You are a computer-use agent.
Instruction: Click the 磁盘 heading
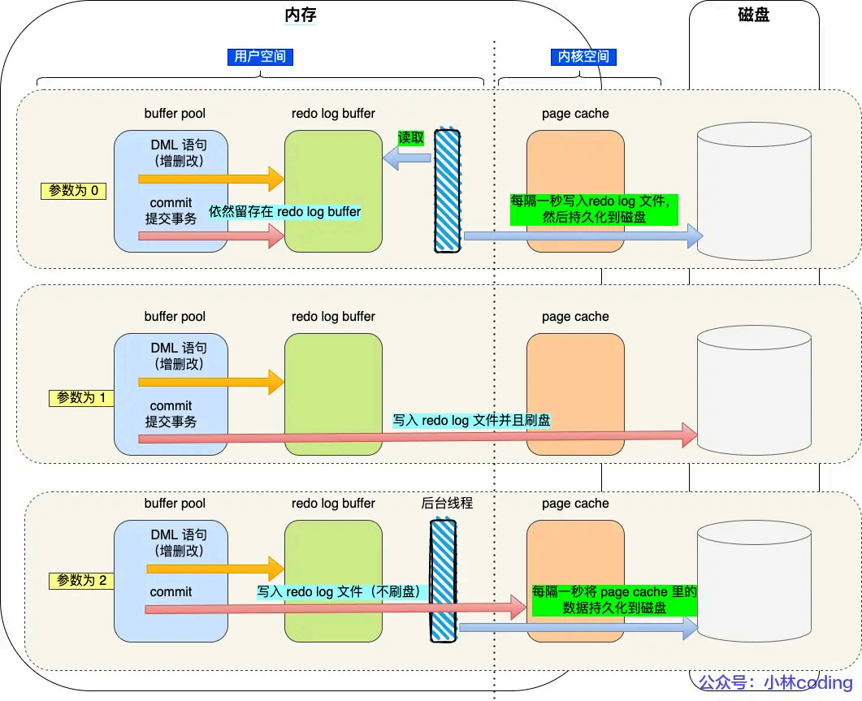(x=755, y=15)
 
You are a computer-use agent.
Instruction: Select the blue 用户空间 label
(x=260, y=57)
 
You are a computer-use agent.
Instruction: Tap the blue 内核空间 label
(x=580, y=57)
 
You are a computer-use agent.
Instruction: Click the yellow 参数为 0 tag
(x=74, y=191)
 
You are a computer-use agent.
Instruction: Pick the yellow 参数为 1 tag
(x=81, y=398)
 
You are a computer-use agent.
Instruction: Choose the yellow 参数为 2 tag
(x=81, y=581)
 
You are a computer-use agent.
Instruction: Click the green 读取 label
(x=410, y=137)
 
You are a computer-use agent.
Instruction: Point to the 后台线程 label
(x=447, y=504)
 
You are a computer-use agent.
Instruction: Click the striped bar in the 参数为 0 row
(x=447, y=190)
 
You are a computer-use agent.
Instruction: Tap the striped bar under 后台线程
(x=443, y=581)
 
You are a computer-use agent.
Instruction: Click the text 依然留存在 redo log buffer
(x=285, y=211)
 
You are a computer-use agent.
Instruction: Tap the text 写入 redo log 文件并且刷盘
(x=471, y=421)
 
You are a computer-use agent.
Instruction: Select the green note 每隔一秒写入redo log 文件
(x=593, y=210)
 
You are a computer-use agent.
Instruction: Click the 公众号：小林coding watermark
(x=776, y=683)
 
